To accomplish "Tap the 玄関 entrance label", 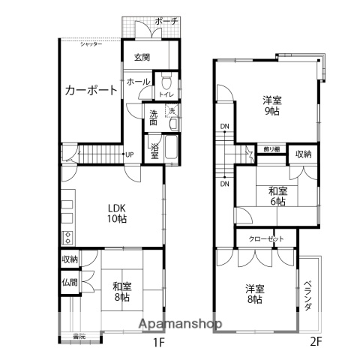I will [143, 57].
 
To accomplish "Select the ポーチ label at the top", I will [166, 22].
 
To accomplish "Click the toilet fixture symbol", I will [166, 80].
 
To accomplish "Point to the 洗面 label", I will [153, 117].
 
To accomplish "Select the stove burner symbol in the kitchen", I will [68, 238].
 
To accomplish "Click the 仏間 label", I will [69, 283].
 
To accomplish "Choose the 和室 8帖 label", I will [123, 289].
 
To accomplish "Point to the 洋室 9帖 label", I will [271, 105].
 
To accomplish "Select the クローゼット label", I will [268, 238].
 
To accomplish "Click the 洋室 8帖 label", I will [256, 293].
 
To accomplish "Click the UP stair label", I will [130, 154].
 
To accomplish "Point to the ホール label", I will [137, 81].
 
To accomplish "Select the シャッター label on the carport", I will [92, 44].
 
